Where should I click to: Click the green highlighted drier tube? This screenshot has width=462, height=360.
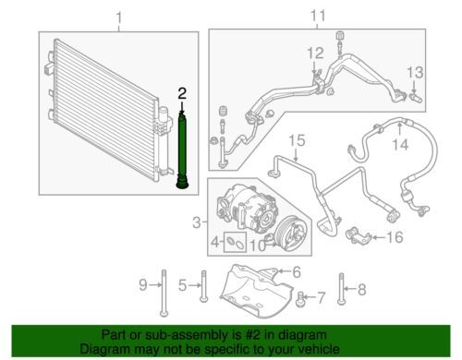182,150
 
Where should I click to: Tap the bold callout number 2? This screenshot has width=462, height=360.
182,93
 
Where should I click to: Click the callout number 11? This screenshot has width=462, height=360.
318,16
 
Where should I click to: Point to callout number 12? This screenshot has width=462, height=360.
315,54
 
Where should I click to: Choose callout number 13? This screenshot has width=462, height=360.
415,73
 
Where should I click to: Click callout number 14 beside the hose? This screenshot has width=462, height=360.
401,144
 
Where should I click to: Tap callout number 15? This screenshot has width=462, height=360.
297,140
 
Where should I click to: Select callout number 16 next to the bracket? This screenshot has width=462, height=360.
395,237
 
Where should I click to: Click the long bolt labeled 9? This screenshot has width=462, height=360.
164,293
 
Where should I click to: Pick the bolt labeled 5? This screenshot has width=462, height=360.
203,286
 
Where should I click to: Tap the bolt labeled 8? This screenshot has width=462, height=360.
340,288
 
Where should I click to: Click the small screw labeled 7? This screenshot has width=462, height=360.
299,298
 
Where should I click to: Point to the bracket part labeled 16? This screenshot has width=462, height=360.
358,236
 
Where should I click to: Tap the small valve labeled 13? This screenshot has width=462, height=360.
417,99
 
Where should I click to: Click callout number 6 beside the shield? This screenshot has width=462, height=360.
297,272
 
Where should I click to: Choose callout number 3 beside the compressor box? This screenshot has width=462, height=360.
197,222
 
